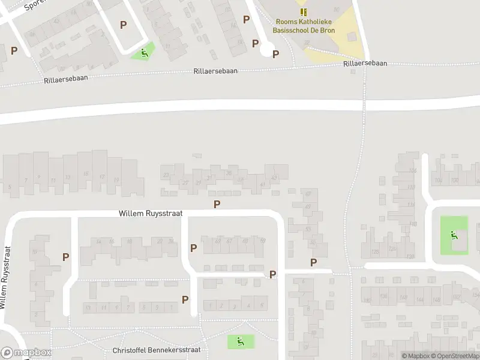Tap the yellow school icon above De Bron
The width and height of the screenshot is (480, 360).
click(x=304, y=12)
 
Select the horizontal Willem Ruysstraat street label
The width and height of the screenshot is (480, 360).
click(x=151, y=213)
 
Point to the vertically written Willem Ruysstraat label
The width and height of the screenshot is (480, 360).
click(x=6, y=277)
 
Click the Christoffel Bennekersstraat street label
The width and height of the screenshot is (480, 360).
click(x=156, y=350)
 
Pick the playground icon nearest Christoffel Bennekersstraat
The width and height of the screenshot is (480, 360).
click(x=240, y=342)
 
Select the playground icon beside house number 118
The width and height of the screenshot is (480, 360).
click(x=454, y=235)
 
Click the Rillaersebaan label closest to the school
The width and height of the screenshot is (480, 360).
click(x=365, y=63)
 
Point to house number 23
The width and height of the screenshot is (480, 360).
click(x=166, y=175)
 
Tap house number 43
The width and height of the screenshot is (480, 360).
click(x=274, y=178)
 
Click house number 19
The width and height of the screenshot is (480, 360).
click(x=116, y=179)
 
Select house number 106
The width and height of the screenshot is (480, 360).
click(x=412, y=171)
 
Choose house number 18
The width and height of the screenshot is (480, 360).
click(x=129, y=242)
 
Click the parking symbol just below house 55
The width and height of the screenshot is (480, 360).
click(x=313, y=262)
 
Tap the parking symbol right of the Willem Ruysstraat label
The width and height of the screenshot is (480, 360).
click(x=217, y=204)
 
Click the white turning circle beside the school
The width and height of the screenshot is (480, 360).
click(x=267, y=50)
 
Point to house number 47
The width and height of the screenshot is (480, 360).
click(x=308, y=207)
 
